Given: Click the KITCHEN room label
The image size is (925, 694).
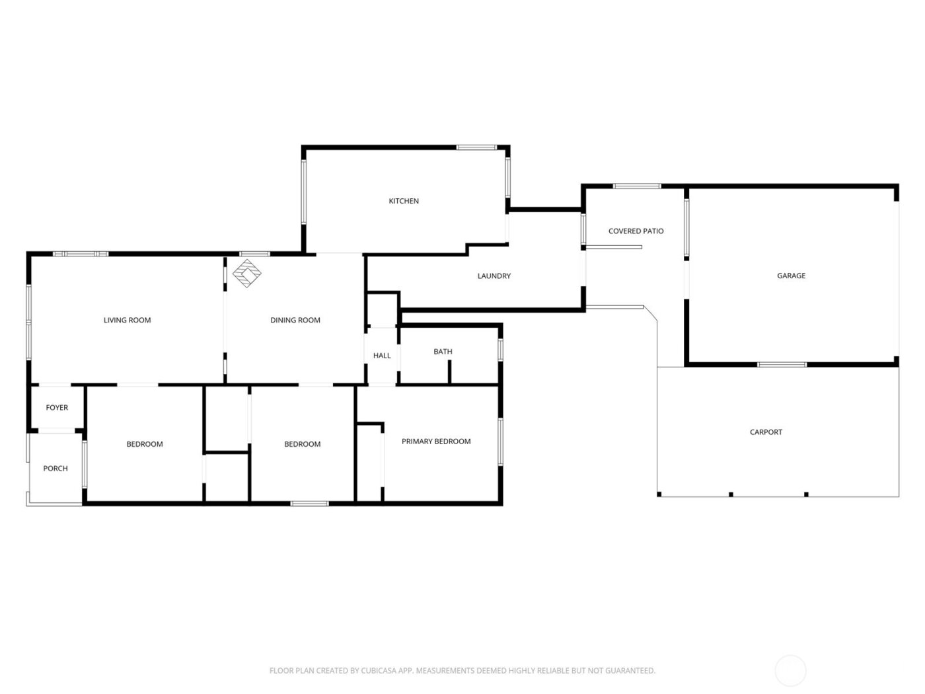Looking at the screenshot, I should point(403,201).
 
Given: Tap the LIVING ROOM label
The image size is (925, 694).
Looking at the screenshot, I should point(127,320).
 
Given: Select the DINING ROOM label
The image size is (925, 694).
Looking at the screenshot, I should point(295,320).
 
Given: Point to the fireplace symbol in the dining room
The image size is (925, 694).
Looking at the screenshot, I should point(247,273).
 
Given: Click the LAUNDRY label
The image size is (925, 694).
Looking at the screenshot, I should point(494,276).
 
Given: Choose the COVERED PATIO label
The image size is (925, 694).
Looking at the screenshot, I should point(636,231).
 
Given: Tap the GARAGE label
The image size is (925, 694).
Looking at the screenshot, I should point(791,276).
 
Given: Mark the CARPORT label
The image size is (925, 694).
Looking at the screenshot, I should point(766,432).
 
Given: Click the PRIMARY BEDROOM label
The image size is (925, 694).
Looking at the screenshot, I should point(436,441).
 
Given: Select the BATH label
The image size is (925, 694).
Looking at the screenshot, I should point(443,352).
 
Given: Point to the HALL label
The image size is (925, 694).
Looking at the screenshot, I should point(382,356).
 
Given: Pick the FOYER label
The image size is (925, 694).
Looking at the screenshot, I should point(57,408).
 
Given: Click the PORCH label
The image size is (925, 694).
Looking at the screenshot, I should point(55,468).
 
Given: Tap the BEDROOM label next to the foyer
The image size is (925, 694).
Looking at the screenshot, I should point(145,444).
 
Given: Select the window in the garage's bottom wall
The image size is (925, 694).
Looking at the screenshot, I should point(782,364).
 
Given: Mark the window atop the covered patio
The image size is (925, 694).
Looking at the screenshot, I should point(637,186).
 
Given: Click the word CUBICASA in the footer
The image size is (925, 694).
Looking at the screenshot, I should point(379,671).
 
